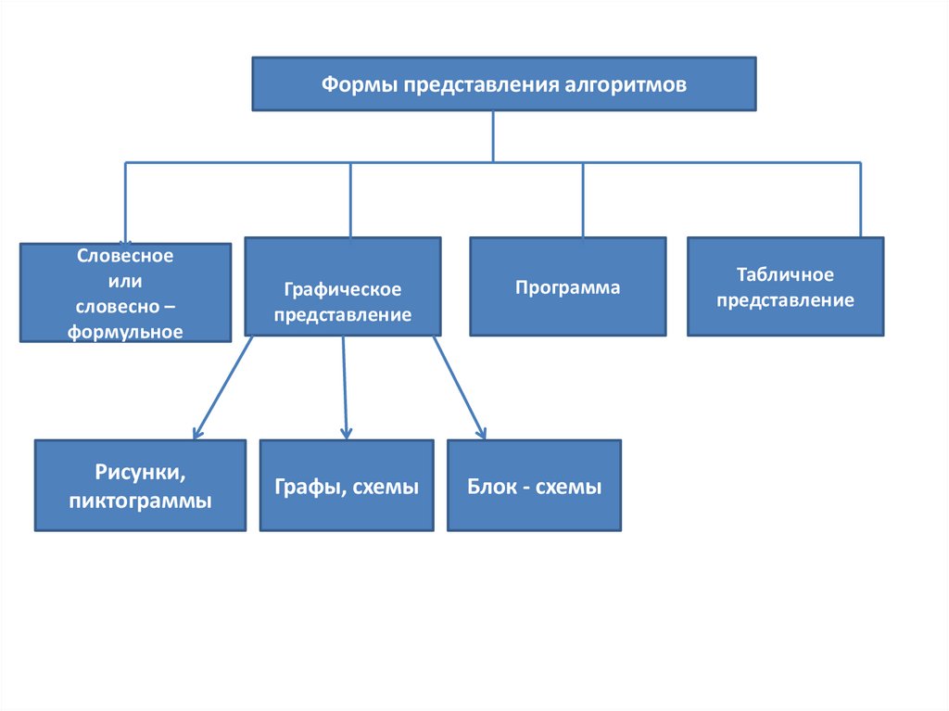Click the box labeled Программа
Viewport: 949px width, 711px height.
tap(567, 286)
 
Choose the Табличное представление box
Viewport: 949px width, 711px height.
tap(785, 286)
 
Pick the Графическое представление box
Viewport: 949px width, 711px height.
tap(342, 286)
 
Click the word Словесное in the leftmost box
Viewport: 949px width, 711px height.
tap(125, 255)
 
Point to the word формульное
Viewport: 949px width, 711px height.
tap(125, 331)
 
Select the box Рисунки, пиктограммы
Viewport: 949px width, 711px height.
tap(140, 485)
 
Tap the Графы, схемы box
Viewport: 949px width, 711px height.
tap(346, 485)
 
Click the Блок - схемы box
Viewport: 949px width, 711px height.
tap(534, 485)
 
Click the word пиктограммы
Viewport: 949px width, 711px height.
tap(140, 501)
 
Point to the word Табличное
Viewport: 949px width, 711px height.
tap(785, 275)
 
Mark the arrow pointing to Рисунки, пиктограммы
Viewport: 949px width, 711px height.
tap(222, 387)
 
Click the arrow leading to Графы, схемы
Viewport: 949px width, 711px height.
tap(345, 387)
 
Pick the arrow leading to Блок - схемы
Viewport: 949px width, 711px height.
tap(459, 387)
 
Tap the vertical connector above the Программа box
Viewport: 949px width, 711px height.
tap(583, 199)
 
